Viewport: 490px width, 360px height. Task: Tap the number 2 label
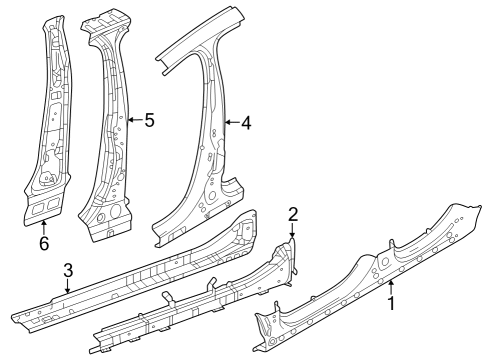[293, 213]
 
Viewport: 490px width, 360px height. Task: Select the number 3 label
[67, 270]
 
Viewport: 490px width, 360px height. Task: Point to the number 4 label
[246, 123]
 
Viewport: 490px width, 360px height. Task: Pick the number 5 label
[149, 120]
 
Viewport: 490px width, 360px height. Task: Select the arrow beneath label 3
[67, 288]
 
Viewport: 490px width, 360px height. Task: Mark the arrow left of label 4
[230, 123]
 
